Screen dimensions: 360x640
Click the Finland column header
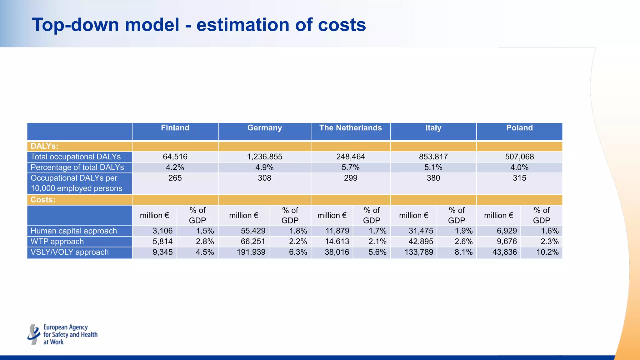tap(175, 128)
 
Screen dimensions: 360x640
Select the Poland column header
tap(519, 128)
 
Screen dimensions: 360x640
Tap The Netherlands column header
tap(350, 128)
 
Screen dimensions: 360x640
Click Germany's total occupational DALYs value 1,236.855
tap(264, 157)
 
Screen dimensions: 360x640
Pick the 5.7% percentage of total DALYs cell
tap(350, 167)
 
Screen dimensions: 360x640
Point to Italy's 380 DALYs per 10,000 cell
tap(433, 178)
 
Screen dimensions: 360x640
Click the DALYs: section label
tap(44, 146)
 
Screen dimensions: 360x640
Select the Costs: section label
tap(43, 200)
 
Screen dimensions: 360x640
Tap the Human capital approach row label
tap(74, 231)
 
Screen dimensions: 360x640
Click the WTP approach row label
tap(57, 242)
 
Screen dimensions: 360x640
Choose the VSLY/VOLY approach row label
tap(70, 252)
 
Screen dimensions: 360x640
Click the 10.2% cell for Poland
tap(547, 252)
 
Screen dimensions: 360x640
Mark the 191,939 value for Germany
tap(251, 252)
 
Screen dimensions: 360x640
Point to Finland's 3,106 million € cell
tap(162, 231)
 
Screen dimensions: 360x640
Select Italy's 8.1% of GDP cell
tap(463, 252)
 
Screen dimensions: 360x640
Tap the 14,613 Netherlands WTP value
tap(337, 242)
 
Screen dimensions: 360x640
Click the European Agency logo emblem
tap(34, 334)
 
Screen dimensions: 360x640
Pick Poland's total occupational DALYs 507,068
tap(519, 157)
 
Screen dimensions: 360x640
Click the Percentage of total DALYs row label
tap(77, 167)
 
